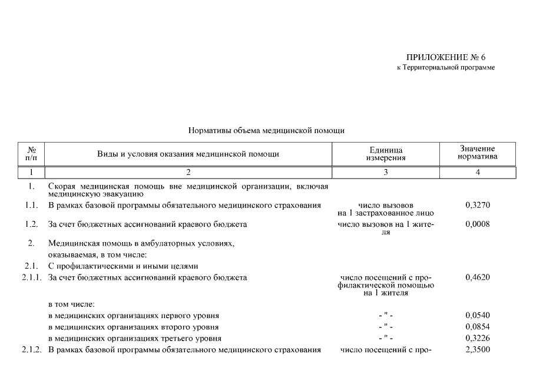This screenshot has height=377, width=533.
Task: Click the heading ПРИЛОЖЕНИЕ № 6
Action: pos(446,57)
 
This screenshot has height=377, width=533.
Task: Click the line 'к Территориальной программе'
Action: pos(446,68)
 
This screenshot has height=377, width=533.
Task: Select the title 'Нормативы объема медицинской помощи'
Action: pos(266,130)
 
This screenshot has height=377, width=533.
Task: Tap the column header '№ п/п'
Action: pos(32,154)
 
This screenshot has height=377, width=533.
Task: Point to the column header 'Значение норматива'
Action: pos(478,153)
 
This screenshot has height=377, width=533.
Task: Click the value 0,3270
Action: pos(478,205)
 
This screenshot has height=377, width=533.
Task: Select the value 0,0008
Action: pos(478,224)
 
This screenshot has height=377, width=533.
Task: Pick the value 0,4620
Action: pos(478,277)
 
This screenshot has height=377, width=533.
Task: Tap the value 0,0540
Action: pos(478,315)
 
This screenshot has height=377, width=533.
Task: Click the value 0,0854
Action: pos(478,327)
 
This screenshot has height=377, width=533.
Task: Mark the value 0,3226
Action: pos(478,338)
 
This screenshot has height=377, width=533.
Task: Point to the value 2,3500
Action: pos(478,350)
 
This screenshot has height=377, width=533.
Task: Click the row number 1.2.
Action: pos(32,224)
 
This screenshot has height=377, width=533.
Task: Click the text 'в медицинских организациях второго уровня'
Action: pos(133,327)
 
